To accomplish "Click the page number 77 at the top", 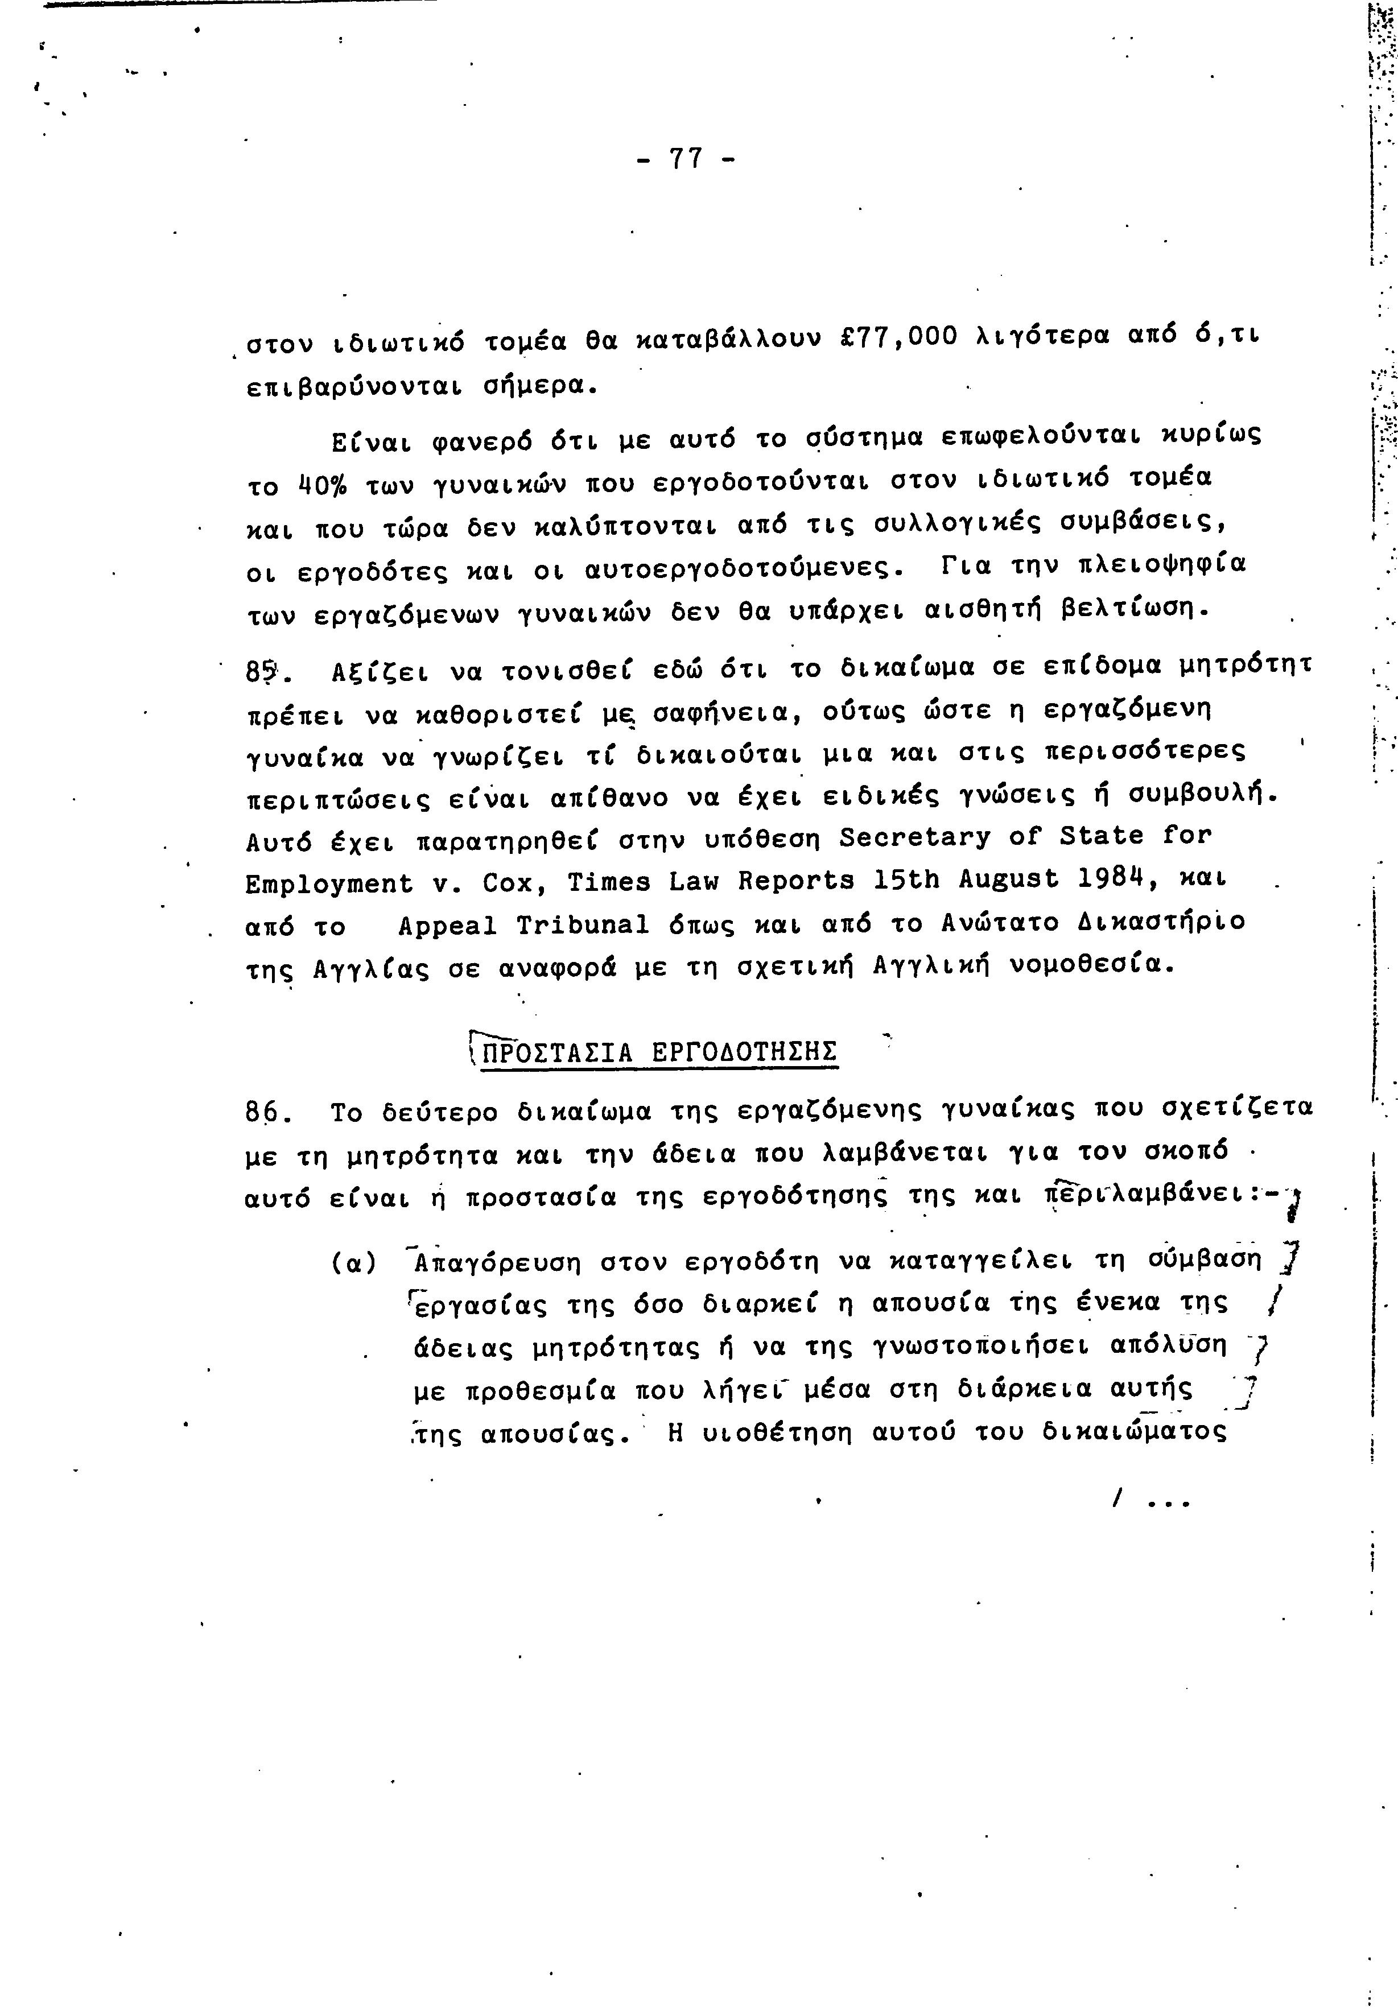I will tap(686, 159).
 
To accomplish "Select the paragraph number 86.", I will tap(261, 1113).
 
